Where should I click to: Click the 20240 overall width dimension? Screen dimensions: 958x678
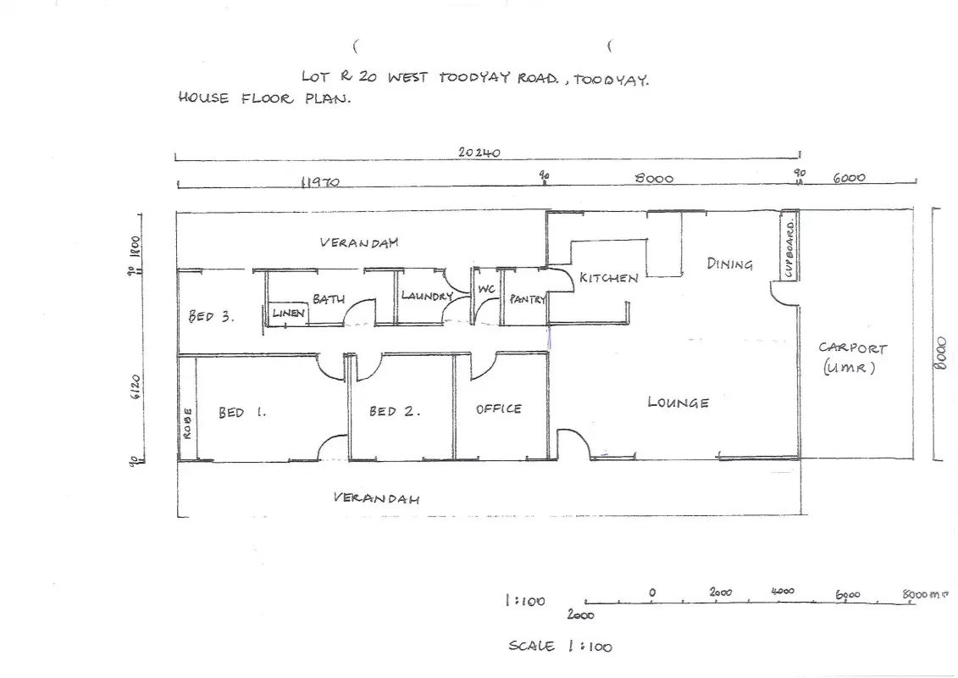479,153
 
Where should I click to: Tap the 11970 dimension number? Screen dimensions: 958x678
320,181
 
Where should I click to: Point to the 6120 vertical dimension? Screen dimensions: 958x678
135,386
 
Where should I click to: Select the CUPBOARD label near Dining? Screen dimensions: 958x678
790,249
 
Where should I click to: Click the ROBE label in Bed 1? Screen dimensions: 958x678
187,423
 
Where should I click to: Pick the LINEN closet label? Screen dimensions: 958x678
288,313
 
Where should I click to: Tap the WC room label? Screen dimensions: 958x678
486,288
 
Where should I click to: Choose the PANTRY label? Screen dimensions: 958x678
527,299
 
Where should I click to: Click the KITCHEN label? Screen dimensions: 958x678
608,278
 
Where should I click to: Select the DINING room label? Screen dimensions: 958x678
729,264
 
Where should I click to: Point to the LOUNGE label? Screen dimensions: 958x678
678,403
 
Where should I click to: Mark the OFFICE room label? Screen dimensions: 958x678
499,409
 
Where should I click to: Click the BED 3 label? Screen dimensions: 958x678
211,316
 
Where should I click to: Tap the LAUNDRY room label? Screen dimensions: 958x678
426,296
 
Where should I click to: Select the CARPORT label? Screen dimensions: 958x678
852,347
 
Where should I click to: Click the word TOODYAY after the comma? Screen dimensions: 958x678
611,80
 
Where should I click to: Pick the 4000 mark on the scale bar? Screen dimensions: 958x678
783,592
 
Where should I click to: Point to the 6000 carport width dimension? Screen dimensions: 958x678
850,178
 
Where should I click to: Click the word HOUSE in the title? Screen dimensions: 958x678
203,97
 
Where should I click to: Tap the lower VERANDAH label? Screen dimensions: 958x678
376,497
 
